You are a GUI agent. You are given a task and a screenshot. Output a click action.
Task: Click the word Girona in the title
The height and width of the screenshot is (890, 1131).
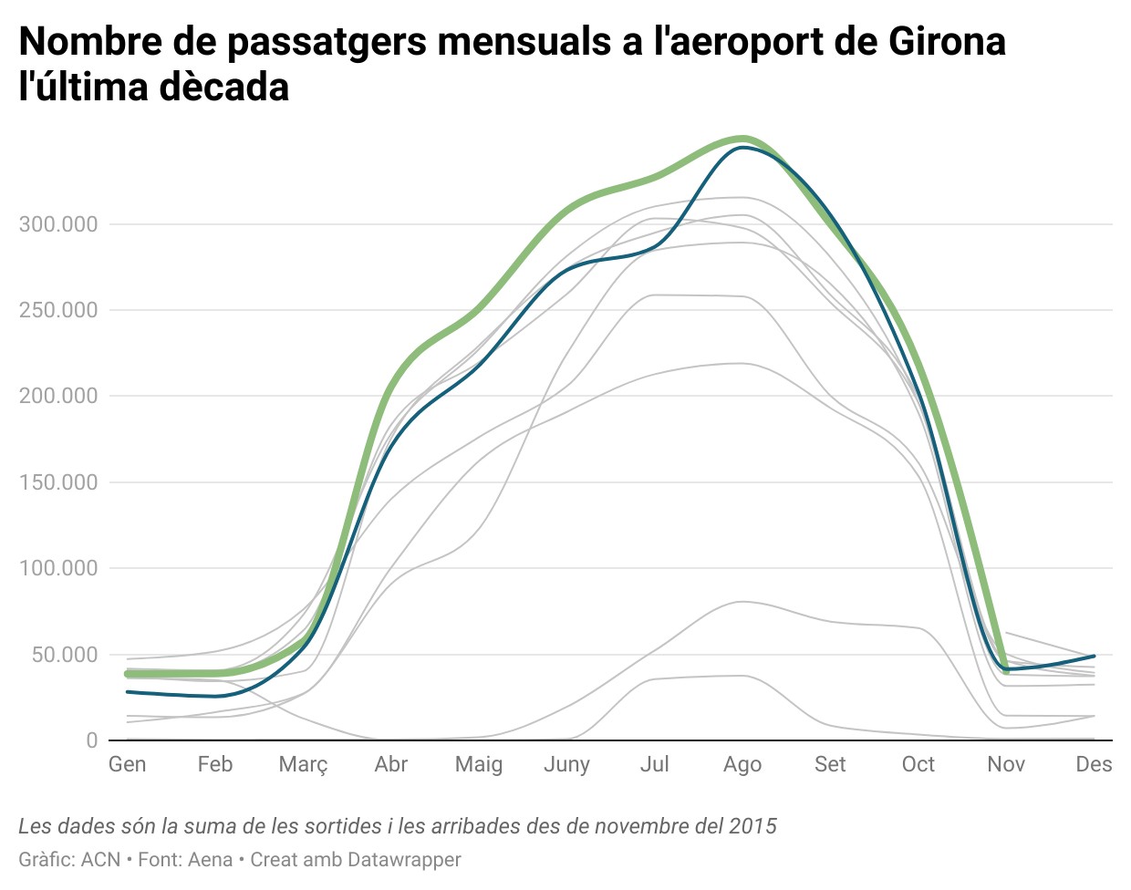click(x=946, y=41)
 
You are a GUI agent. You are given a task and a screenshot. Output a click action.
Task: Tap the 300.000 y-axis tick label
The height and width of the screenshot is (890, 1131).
click(x=58, y=224)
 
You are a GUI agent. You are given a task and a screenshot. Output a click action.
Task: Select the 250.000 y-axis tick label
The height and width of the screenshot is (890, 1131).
click(x=58, y=310)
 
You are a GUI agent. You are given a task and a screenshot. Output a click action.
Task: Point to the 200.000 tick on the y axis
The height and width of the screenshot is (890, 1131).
click(x=58, y=396)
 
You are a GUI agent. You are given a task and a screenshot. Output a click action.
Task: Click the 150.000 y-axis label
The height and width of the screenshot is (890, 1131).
click(x=58, y=482)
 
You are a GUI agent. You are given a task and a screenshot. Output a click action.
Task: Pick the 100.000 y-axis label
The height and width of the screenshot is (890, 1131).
click(x=58, y=568)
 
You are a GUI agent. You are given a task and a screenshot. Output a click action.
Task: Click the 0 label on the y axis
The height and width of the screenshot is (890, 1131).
click(x=91, y=740)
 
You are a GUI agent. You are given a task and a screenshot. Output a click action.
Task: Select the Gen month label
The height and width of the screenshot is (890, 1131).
click(x=128, y=764)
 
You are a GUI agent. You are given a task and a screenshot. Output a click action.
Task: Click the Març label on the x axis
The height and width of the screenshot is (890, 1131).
click(x=303, y=765)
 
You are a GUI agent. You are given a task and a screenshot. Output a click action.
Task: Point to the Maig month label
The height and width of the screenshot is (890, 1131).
click(x=479, y=765)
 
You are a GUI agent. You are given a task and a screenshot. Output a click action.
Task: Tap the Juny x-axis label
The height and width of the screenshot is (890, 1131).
click(x=566, y=765)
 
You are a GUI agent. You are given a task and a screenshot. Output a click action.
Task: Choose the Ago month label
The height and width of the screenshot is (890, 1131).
click(x=742, y=765)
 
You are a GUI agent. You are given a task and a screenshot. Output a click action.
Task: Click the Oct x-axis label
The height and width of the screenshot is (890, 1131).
click(x=918, y=764)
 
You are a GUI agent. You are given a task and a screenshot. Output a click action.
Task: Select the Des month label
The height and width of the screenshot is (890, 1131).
click(x=1094, y=764)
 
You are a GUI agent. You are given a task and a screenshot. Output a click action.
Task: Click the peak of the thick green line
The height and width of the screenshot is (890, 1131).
click(x=742, y=139)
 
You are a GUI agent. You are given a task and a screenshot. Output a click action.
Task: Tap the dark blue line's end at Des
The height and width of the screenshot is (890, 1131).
click(x=1094, y=656)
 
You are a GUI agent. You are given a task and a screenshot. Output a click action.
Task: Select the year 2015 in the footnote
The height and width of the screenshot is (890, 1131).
click(x=752, y=826)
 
